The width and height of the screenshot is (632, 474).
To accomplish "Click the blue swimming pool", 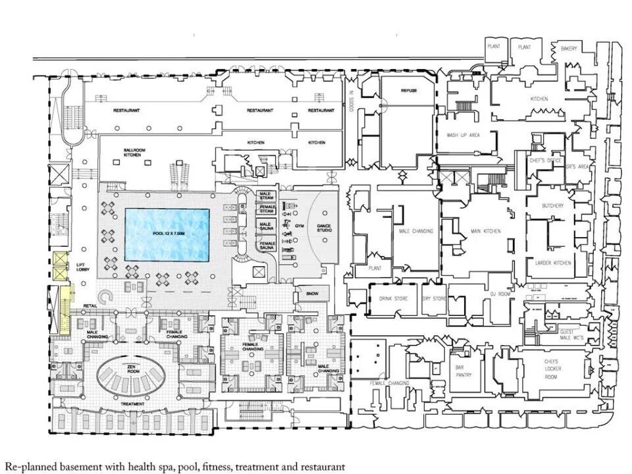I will (167, 234).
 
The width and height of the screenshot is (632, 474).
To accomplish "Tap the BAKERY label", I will (569, 49).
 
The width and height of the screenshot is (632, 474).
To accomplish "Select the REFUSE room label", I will (409, 90).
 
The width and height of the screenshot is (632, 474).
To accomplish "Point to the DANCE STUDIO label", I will (324, 228).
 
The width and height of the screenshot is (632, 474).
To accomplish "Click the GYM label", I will (300, 225).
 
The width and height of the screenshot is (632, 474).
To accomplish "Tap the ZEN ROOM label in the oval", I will (134, 371).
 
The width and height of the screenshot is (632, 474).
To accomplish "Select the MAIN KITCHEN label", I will (486, 231).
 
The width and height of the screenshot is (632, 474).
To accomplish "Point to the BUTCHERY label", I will (553, 206).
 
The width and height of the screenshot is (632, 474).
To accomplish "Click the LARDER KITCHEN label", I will (553, 263).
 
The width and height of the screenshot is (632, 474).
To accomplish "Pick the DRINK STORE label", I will (393, 298).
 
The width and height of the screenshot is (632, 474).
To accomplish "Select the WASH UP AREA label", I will (463, 135).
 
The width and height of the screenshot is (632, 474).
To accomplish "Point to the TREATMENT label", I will (132, 404).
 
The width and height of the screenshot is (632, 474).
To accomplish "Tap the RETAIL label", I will (90, 305).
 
